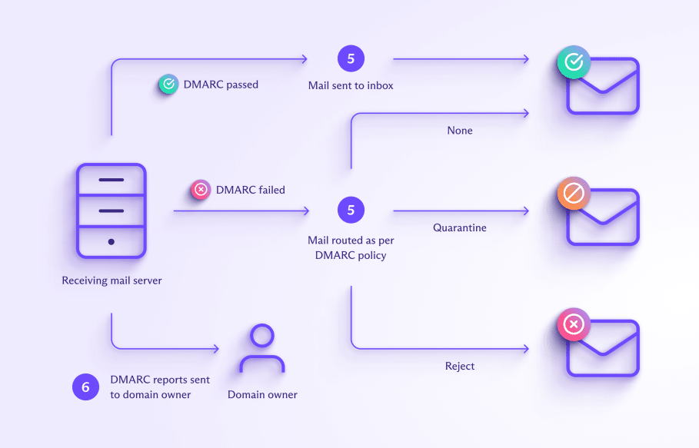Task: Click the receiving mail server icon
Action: [112, 211]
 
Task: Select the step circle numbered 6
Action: [85, 387]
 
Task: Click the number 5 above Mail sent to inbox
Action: [351, 58]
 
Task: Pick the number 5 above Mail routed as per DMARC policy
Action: [351, 210]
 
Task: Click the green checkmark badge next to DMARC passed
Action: [168, 85]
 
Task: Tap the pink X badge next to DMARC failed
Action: [201, 189]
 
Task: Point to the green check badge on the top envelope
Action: [574, 62]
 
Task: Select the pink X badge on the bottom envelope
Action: [574, 325]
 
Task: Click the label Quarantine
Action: [459, 227]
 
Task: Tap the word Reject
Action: [460, 366]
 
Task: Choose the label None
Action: [460, 131]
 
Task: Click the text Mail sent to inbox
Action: [351, 85]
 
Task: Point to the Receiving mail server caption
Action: [112, 280]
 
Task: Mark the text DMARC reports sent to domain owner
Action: [160, 387]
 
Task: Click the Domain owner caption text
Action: [262, 394]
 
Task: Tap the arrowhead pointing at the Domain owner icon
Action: [215, 349]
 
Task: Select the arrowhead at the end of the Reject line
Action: [526, 349]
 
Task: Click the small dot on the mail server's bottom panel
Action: [112, 241]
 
